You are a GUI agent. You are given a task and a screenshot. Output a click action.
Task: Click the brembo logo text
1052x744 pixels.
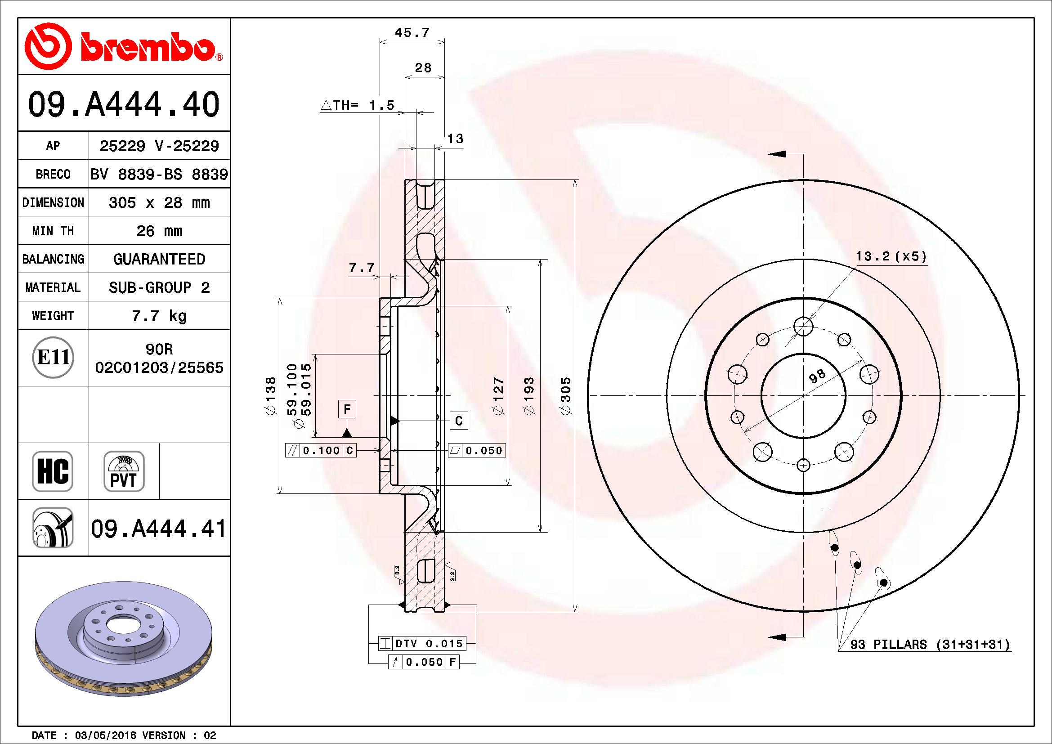click(x=148, y=47)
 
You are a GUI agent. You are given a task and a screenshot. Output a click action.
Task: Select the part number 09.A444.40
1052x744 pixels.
click(x=124, y=104)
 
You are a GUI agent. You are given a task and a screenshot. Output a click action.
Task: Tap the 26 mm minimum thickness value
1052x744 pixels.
click(x=159, y=231)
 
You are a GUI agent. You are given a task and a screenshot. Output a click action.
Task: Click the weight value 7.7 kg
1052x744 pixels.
click(x=159, y=316)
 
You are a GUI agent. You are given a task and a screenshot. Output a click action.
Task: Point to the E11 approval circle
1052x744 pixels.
click(x=53, y=357)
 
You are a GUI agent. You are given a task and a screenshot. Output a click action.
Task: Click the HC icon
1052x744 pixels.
click(x=53, y=471)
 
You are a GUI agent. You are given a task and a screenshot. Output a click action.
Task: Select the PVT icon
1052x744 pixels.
click(x=124, y=471)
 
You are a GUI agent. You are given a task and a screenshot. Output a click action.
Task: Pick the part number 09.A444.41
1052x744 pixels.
click(x=158, y=529)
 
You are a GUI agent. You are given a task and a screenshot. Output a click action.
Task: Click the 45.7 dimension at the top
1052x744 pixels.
click(x=412, y=32)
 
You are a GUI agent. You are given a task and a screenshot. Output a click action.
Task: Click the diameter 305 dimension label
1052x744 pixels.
click(x=566, y=396)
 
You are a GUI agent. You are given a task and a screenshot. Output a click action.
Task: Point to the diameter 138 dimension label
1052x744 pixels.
click(x=271, y=396)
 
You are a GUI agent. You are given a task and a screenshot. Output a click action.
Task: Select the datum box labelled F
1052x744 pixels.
click(x=347, y=408)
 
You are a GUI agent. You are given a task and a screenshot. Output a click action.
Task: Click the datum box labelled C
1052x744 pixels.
click(x=459, y=421)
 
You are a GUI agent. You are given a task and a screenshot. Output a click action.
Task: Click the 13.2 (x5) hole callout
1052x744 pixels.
click(x=891, y=256)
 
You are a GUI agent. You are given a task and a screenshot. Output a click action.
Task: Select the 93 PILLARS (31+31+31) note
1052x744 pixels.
click(x=930, y=645)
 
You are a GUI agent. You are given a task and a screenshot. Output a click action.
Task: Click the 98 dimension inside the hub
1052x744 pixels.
click(x=817, y=376)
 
